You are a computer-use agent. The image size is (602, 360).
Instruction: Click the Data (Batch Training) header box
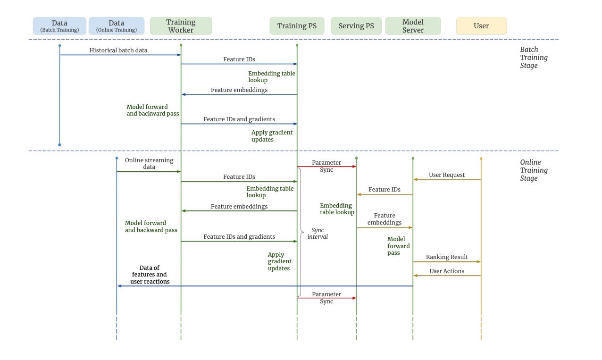coord(59,26)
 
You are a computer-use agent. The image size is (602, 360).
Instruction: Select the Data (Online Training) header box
coord(116,26)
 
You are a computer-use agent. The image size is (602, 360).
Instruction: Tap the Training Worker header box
coord(181,26)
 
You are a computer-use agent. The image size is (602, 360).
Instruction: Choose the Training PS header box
coord(297,26)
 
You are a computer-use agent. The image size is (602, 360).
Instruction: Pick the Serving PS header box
coord(356,26)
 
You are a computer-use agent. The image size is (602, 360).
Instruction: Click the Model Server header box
coord(413,26)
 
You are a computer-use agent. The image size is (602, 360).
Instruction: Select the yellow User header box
coord(481,26)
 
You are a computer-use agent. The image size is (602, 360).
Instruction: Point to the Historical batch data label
coord(118,50)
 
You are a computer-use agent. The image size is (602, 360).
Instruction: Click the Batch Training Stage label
coord(534,58)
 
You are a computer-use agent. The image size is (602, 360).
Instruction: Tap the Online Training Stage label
coord(534,170)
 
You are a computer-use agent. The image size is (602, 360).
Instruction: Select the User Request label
coord(447,175)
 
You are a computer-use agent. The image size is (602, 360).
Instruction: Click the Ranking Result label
coord(447,257)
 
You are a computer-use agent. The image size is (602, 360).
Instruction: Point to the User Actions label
coord(447,271)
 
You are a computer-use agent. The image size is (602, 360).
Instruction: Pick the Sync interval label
coord(318,234)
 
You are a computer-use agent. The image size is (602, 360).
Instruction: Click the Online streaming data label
coord(149,164)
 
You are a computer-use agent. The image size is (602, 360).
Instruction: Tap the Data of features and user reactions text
coord(150,275)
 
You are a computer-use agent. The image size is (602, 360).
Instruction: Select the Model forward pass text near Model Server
coord(399,246)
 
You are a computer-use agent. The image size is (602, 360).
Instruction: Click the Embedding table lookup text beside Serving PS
coord(337,209)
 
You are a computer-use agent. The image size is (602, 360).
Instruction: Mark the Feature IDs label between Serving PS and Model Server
coord(385,190)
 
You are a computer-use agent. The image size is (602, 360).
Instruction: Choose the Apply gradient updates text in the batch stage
coord(272,136)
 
